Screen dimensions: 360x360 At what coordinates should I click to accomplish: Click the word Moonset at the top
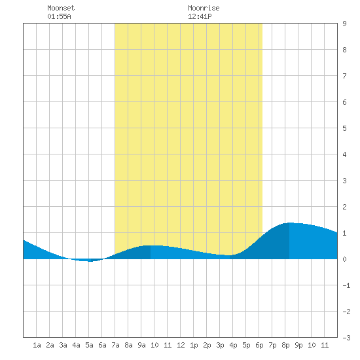61,8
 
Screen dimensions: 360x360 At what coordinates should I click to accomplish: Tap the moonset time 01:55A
59,16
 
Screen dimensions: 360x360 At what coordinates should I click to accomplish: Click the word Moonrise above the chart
204,8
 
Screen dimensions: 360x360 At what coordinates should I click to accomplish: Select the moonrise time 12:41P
200,16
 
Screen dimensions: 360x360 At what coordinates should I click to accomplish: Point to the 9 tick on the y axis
344,24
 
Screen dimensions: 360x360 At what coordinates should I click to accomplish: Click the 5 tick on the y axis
344,128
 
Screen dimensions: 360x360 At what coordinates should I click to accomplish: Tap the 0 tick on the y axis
344,259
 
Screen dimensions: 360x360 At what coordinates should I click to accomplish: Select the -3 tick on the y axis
346,338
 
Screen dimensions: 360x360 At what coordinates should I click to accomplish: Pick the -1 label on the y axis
346,285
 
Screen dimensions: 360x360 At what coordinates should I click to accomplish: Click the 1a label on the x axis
37,345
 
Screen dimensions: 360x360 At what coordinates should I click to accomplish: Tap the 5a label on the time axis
89,345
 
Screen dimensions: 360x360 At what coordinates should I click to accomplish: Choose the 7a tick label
115,345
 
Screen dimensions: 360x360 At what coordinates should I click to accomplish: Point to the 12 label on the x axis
181,345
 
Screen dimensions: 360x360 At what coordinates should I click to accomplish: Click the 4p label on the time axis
233,345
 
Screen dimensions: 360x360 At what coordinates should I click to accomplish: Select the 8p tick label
285,345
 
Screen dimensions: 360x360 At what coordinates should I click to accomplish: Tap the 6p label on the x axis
259,345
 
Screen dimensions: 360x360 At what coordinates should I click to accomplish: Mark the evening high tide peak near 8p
290,223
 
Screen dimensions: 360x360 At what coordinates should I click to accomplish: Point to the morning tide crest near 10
153,245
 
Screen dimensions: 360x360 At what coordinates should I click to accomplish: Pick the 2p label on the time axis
207,345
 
